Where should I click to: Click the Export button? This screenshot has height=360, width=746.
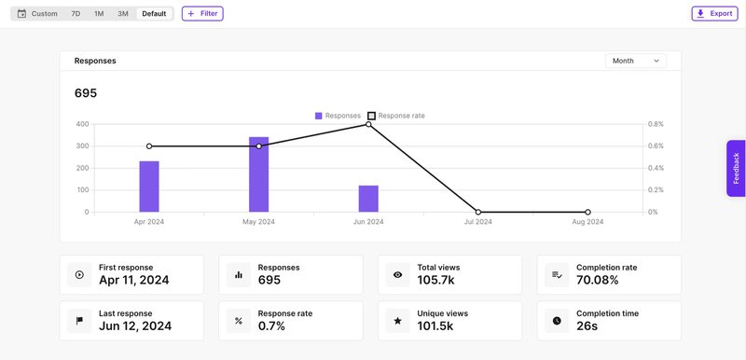pos(714,14)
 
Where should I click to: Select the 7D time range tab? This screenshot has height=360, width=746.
pos(76,14)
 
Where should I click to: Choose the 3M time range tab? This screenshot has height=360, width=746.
pos(122,14)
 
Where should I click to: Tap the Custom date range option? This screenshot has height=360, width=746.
pos(37,14)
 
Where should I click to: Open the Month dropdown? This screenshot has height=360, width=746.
pos(635,61)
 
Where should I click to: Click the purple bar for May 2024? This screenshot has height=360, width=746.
pos(258,174)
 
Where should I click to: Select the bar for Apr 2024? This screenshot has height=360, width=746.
pos(149,187)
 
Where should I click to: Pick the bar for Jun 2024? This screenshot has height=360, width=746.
pos(368,199)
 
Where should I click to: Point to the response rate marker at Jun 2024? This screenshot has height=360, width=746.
pos(368,124)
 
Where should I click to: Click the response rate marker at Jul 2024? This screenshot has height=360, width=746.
pos(478,212)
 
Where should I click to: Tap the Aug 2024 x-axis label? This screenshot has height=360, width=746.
pos(587,222)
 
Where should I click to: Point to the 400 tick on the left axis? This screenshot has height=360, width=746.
pos(82,124)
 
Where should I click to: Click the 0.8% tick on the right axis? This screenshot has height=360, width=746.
pos(656,124)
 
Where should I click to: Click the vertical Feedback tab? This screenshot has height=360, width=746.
pos(736,168)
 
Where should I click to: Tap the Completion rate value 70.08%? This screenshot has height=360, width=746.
pos(597,281)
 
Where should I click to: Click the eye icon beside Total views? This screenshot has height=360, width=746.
pos(397,275)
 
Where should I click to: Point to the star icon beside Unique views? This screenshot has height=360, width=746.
pos(397,321)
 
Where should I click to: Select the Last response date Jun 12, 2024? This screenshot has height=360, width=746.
pos(134,326)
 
